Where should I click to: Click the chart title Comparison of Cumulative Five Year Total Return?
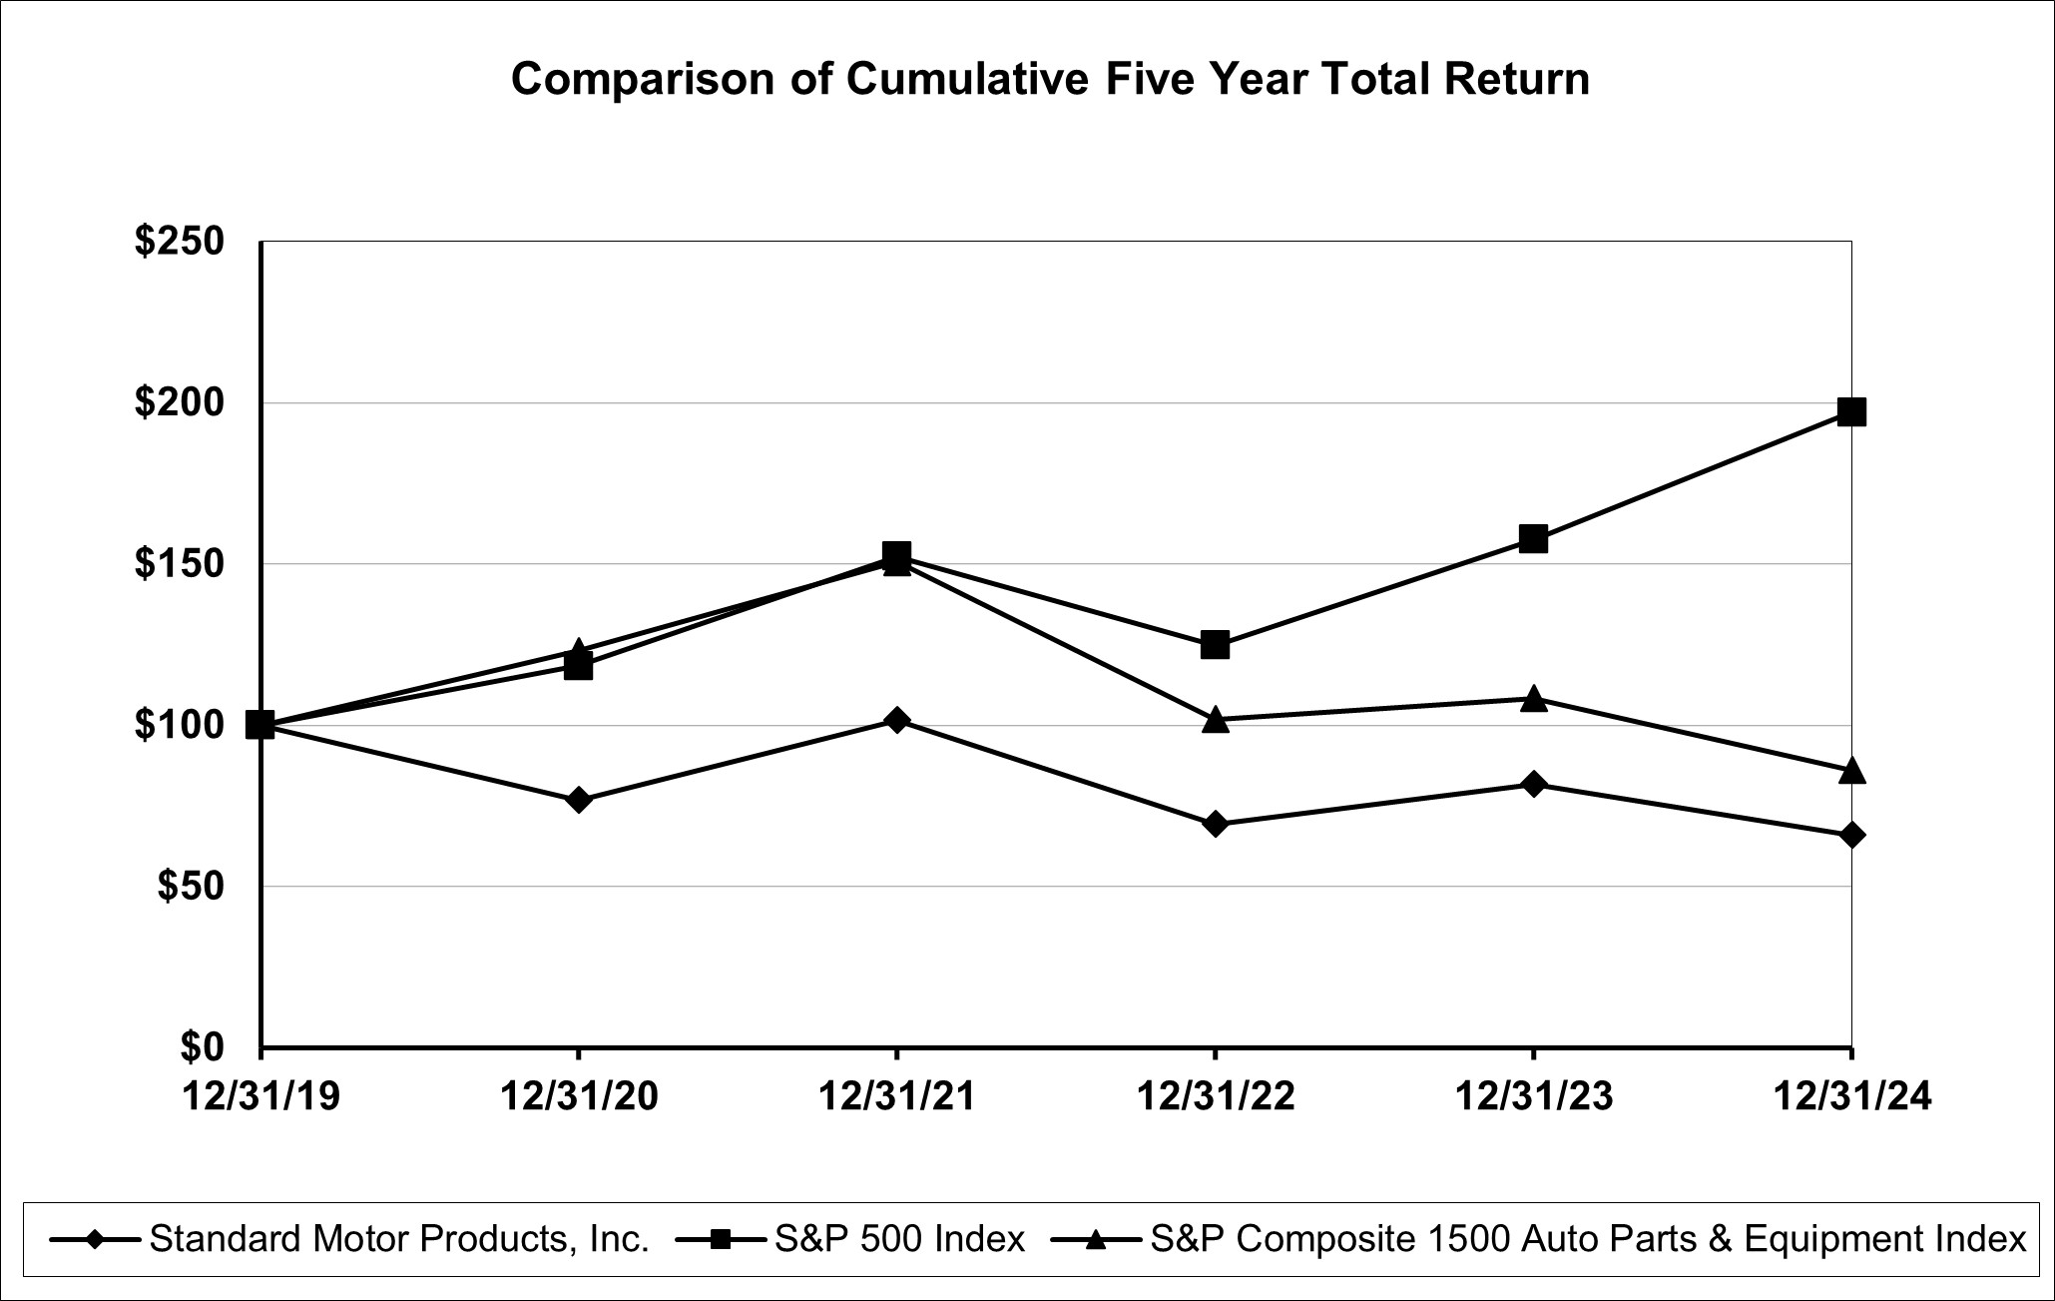pyautogui.click(x=1050, y=79)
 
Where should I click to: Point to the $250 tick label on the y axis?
pyautogui.click(x=180, y=242)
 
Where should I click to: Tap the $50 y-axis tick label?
pyautogui.click(x=191, y=886)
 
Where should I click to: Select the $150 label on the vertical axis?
pyautogui.click(x=180, y=564)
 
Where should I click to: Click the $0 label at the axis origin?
pyautogui.click(x=203, y=1046)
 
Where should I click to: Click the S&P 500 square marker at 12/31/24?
pyautogui.click(x=1851, y=411)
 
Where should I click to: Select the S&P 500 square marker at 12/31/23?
pyautogui.click(x=1533, y=539)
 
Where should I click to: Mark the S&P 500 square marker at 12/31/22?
pyautogui.click(x=1215, y=644)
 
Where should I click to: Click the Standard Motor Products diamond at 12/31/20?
pyautogui.click(x=578, y=800)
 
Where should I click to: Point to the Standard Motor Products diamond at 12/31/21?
pyautogui.click(x=896, y=720)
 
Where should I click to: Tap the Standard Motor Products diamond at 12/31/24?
pyautogui.click(x=1851, y=836)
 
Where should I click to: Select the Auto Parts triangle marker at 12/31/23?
pyautogui.click(x=1533, y=699)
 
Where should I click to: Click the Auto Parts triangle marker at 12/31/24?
pyautogui.click(x=1851, y=771)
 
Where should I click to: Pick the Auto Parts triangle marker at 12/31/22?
pyautogui.click(x=1215, y=720)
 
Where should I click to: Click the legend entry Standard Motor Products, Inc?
pyautogui.click(x=399, y=1239)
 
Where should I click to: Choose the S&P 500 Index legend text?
pyautogui.click(x=899, y=1239)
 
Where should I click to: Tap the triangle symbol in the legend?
pyautogui.click(x=1096, y=1239)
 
